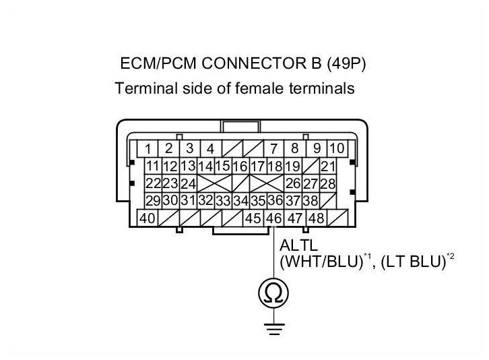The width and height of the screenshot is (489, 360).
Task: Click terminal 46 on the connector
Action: [x=274, y=218]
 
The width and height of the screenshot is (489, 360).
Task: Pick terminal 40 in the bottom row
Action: [x=146, y=218]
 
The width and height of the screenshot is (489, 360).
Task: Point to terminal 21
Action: [x=328, y=166]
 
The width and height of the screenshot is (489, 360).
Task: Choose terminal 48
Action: [x=316, y=218]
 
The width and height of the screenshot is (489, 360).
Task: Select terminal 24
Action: [x=188, y=183]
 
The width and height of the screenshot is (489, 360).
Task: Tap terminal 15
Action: [x=223, y=166]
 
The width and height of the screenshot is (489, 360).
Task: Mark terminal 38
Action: [x=311, y=201]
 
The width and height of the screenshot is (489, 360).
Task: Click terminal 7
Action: [x=274, y=148]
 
